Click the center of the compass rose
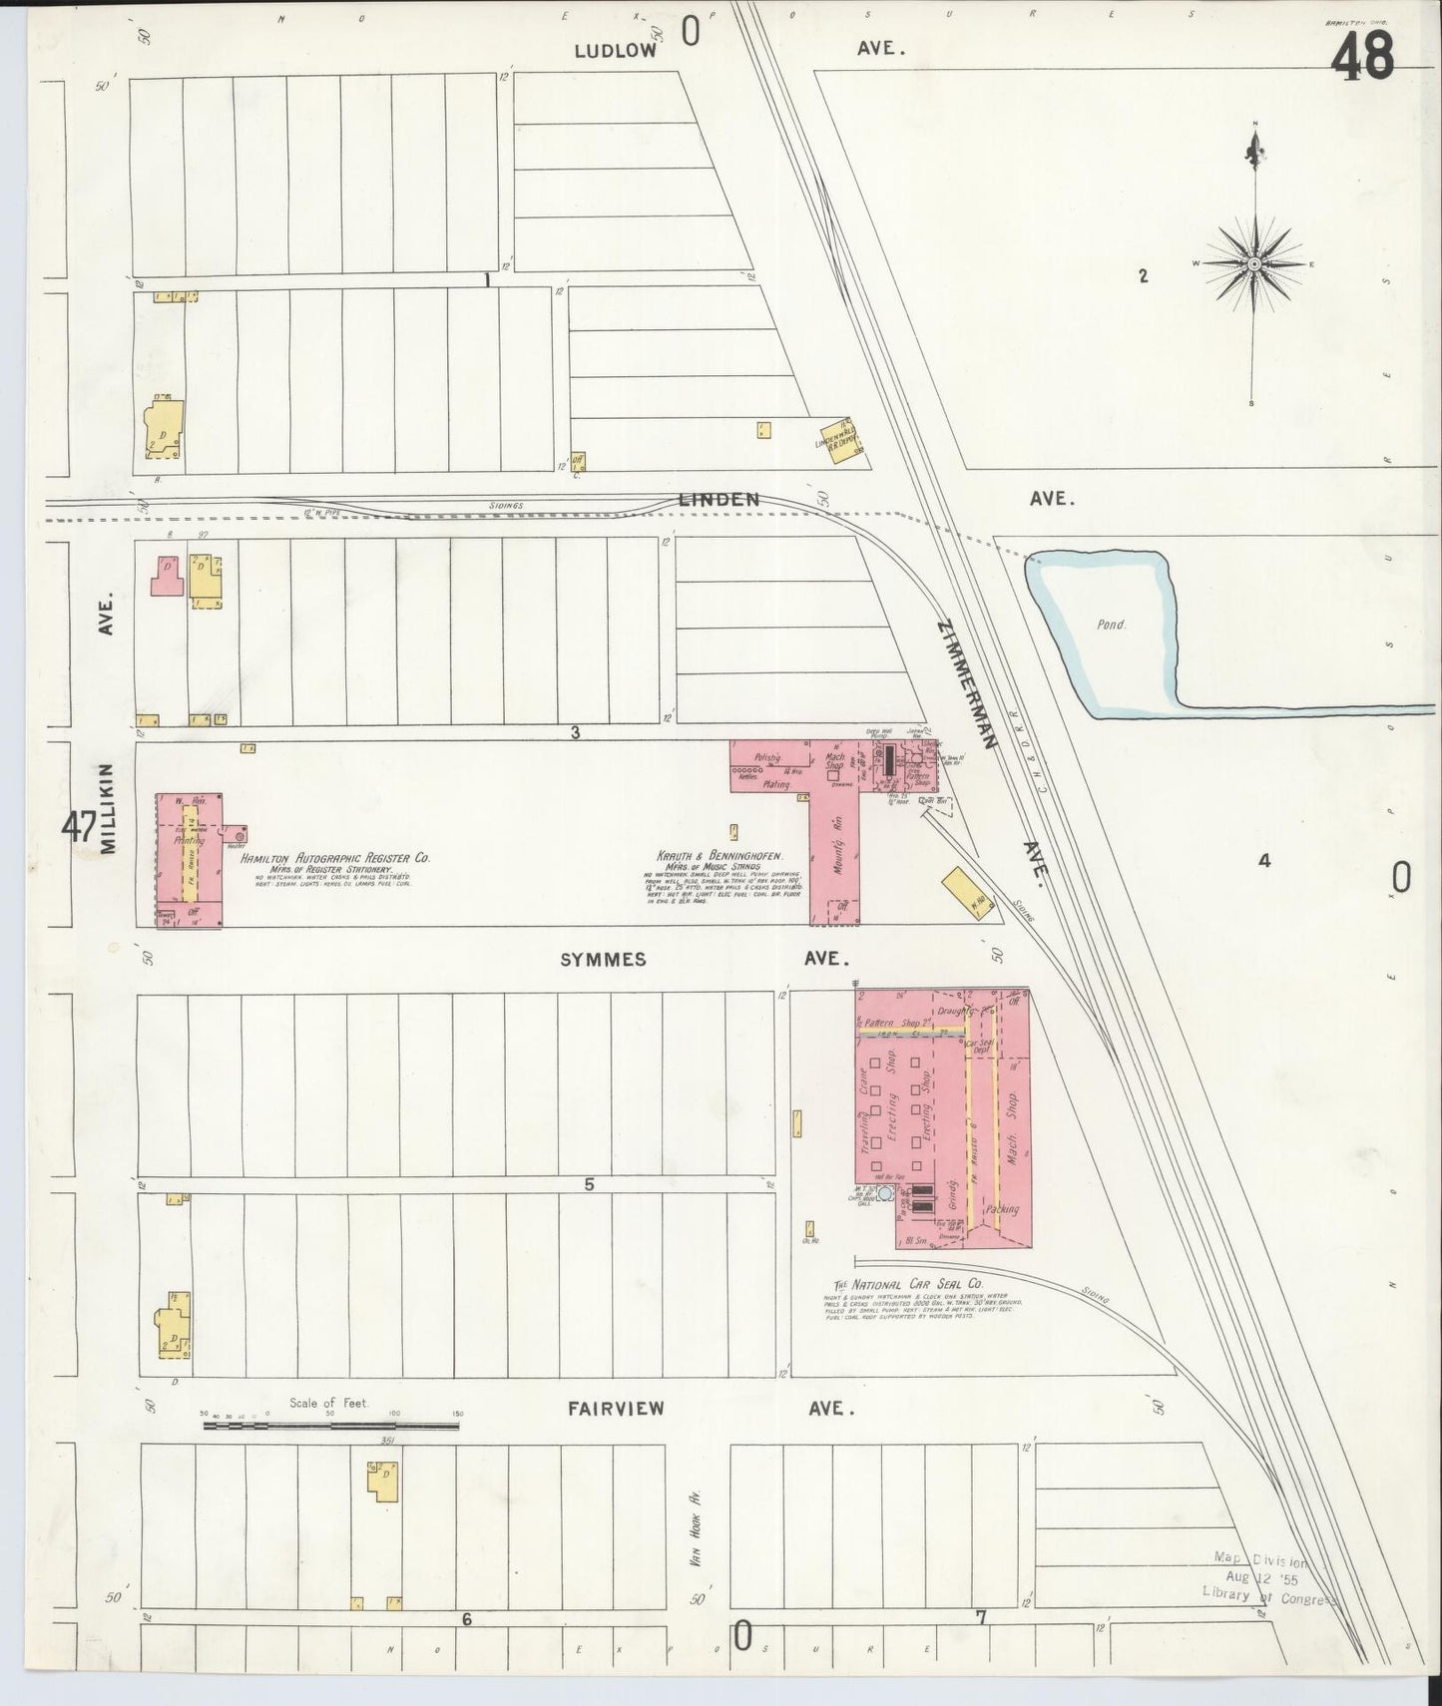1253,263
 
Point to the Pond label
1111,625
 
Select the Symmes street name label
603,960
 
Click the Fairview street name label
616,1409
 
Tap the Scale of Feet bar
330,1427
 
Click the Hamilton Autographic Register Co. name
333,857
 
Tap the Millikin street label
109,808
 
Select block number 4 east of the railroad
1263,861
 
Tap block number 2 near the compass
1144,276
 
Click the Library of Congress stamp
1268,1576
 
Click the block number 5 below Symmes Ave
589,1184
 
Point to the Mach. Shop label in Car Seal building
1012,1117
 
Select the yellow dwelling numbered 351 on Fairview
380,1480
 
